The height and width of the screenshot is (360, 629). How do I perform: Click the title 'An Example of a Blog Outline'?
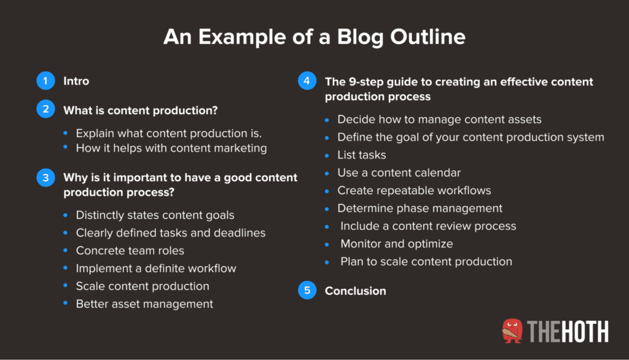click(314, 37)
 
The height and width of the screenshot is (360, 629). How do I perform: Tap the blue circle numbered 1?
click(45, 81)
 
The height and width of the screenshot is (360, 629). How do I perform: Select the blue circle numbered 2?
click(45, 110)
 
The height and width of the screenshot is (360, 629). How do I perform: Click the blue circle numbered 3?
click(45, 178)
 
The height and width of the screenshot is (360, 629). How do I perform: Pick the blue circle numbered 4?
click(307, 82)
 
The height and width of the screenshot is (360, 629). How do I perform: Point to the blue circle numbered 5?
click(307, 291)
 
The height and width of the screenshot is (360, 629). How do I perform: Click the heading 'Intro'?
click(76, 81)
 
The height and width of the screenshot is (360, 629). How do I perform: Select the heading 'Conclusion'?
click(355, 291)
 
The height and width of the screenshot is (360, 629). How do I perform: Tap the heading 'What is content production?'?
click(141, 111)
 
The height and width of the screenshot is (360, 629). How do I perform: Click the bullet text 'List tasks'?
click(362, 155)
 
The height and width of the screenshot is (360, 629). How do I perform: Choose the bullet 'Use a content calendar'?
click(399, 173)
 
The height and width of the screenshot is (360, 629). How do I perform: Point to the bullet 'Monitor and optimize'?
click(397, 244)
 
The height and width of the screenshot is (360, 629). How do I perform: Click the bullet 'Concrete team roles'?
click(130, 251)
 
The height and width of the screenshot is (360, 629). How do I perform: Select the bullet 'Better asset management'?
click(144, 303)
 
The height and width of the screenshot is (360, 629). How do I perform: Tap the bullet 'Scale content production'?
click(143, 286)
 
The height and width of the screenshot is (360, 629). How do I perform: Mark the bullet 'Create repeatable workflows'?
click(414, 190)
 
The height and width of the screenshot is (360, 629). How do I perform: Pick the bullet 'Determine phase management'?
click(420, 208)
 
